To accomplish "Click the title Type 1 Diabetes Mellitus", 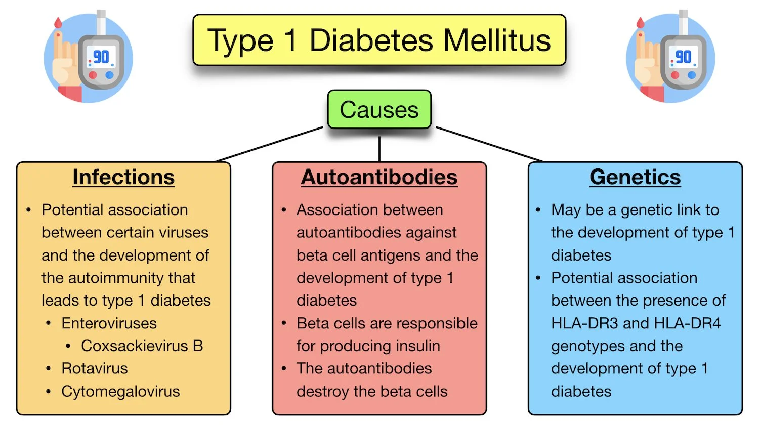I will [379, 40].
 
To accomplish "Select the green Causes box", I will [379, 110].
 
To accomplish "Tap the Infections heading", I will [123, 177].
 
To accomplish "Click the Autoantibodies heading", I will [379, 177].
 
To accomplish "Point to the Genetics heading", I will [635, 177].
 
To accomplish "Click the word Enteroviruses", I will [109, 323].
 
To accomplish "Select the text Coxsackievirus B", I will [142, 346].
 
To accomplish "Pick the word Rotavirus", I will [94, 368].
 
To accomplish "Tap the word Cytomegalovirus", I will [120, 391].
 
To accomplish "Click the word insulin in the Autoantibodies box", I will [415, 346].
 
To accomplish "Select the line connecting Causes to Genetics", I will [490, 144].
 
